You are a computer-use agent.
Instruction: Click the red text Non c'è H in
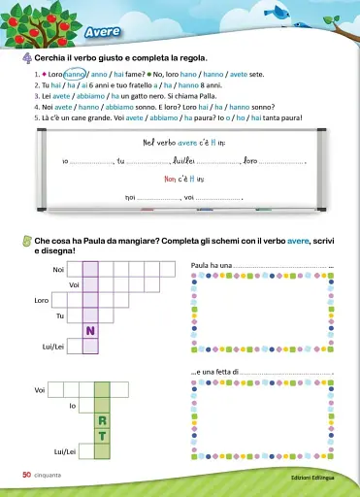(x=181, y=180)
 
